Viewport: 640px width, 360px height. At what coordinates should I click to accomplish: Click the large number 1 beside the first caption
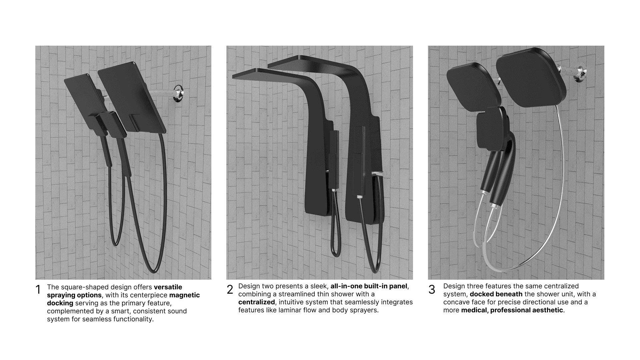[x=38, y=290]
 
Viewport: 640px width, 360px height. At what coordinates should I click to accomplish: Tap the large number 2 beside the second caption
[x=230, y=289]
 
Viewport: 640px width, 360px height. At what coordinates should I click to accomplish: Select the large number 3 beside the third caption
[x=432, y=289]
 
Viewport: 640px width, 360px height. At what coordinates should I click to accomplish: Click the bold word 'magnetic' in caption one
[x=185, y=295]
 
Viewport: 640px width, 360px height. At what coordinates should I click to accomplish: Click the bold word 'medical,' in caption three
[x=475, y=310]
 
